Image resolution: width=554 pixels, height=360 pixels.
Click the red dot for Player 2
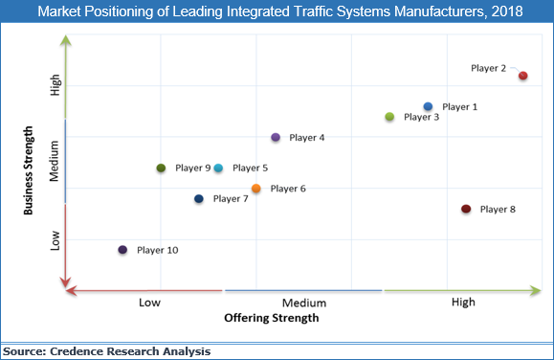point(522,76)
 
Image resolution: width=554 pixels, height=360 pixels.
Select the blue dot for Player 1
point(428,106)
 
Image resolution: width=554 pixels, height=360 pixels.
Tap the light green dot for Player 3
point(389,117)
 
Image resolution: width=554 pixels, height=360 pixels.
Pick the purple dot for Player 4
point(276,138)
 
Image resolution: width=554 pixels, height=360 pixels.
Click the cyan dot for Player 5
point(218,169)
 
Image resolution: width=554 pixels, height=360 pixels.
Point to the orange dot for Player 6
point(255,189)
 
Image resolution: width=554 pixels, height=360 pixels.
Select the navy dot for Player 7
point(199,199)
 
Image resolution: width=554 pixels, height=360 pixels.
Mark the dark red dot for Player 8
point(466,209)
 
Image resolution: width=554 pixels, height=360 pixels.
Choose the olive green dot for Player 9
point(161,169)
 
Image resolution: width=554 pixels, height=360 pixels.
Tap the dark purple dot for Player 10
point(122,250)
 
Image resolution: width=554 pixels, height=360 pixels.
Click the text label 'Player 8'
point(498,209)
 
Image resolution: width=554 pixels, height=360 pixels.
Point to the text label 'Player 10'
point(157,250)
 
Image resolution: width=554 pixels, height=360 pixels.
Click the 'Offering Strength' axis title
point(271,317)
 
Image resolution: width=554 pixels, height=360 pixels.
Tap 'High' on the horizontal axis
point(462,303)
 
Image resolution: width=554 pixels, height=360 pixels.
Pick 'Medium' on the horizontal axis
point(304,303)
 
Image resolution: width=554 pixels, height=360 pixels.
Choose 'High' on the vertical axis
point(55,86)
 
